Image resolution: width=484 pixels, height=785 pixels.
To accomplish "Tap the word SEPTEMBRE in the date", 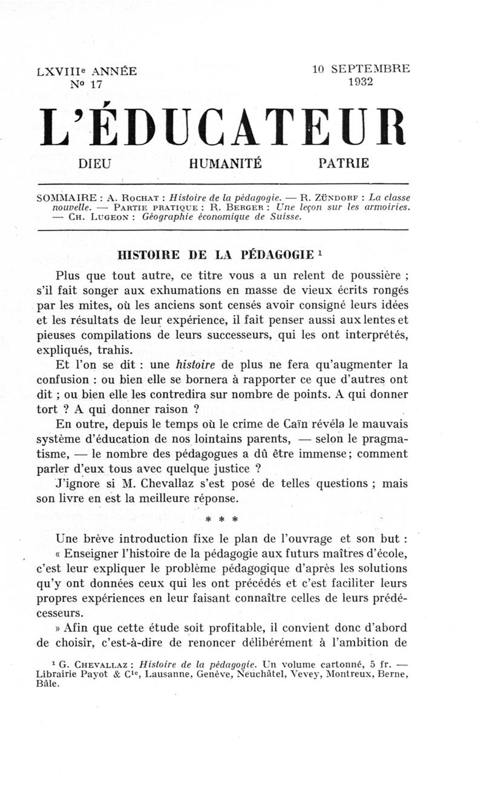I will [370, 69].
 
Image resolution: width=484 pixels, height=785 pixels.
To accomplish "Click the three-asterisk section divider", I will [222, 519].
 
